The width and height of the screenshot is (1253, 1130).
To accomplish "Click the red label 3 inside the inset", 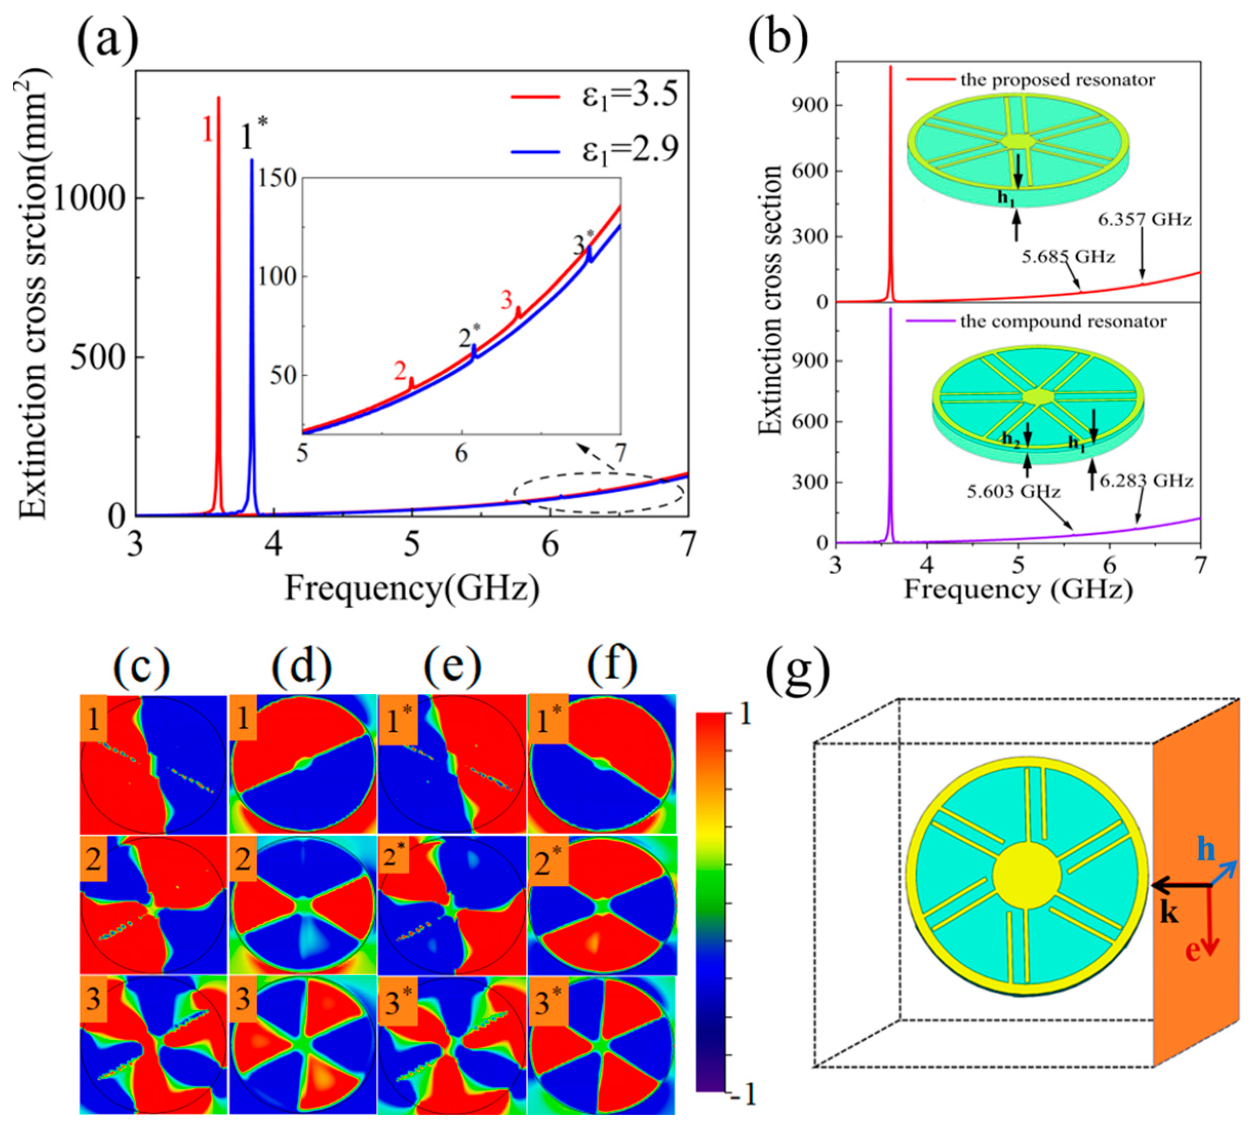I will pyautogui.click(x=507, y=300).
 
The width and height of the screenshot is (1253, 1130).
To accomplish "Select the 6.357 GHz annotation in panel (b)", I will pyautogui.click(x=1144, y=219).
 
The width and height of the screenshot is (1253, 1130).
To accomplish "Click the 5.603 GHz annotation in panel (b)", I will pyautogui.click(x=1012, y=492).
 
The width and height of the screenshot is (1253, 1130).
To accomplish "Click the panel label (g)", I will pyautogui.click(x=798, y=674).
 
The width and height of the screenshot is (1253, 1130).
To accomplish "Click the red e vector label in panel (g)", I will pyautogui.click(x=1191, y=951).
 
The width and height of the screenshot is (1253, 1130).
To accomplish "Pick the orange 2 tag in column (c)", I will pyautogui.click(x=94, y=859).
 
